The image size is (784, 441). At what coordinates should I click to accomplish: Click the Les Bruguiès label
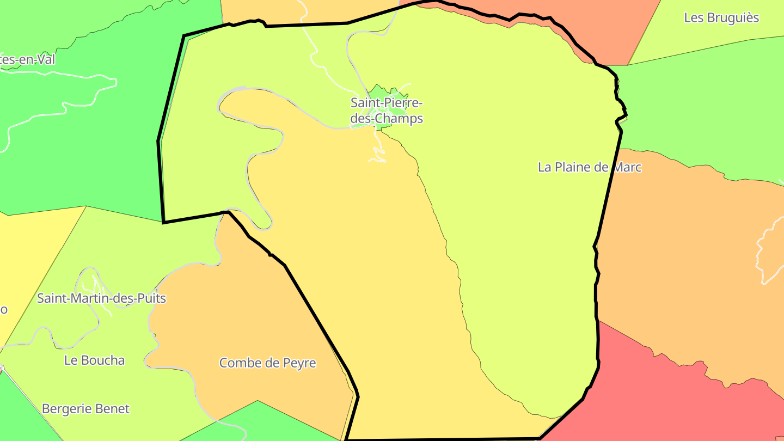[721, 18]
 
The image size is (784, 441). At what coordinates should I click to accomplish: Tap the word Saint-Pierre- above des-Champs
[386, 102]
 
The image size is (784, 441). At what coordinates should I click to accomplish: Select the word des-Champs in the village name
[387, 118]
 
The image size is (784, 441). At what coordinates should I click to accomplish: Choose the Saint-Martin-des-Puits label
[101, 298]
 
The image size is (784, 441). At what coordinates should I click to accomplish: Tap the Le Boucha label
[94, 360]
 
